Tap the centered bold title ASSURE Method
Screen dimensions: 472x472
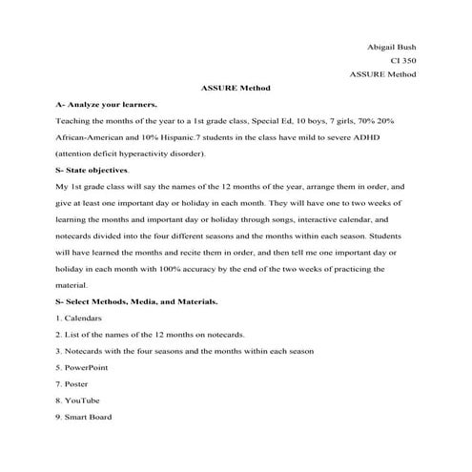[236, 88]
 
